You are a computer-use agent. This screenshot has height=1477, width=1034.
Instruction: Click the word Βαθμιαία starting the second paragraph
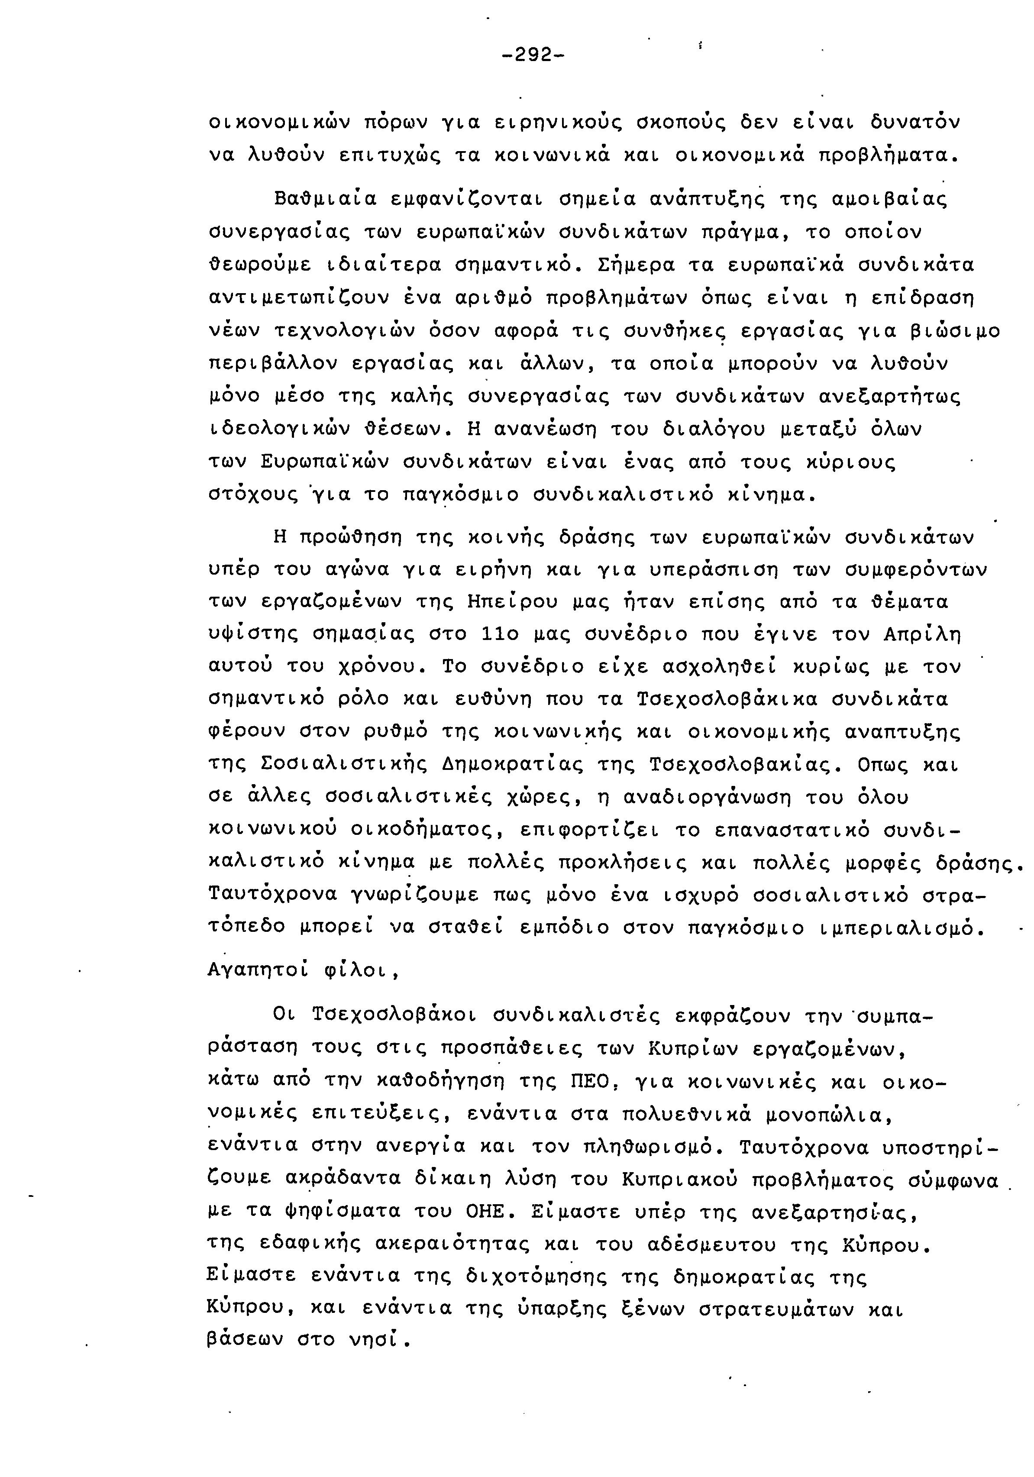click(x=325, y=199)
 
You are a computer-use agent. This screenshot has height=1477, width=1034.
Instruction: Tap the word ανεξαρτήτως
click(x=889, y=397)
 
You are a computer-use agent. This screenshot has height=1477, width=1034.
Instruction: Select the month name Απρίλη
click(x=921, y=635)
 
